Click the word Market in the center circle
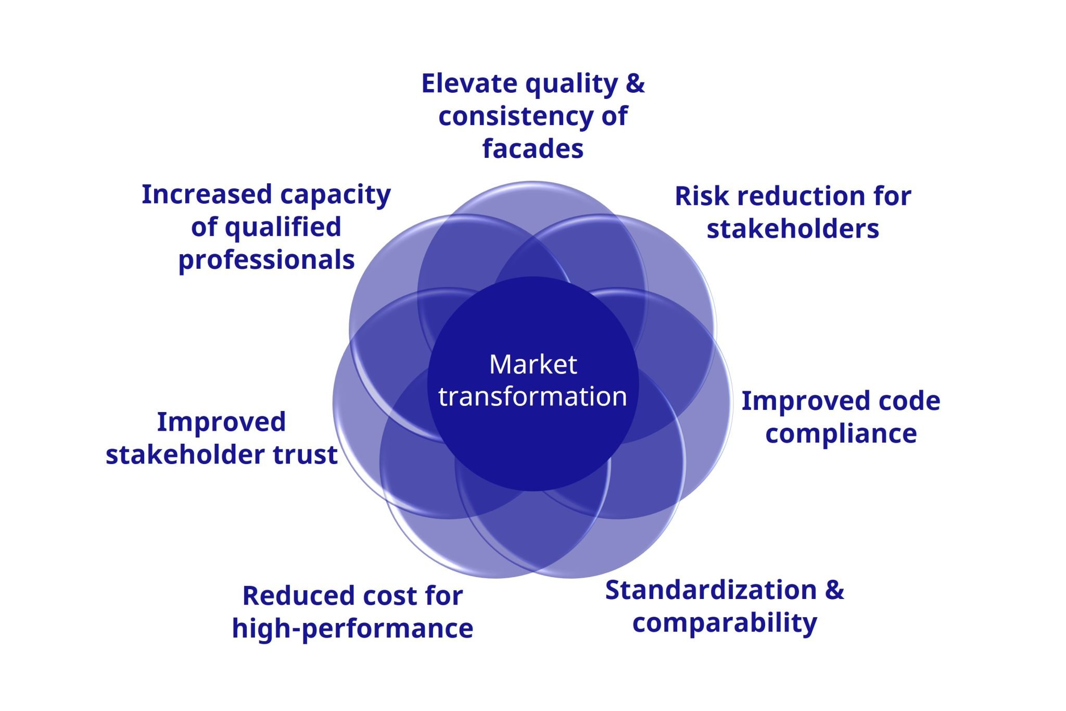(532, 364)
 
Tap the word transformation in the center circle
(532, 396)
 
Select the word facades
(532, 149)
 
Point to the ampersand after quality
(635, 83)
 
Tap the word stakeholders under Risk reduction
(792, 229)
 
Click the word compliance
(841, 434)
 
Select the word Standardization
(711, 590)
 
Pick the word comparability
(725, 623)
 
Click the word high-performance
(352, 628)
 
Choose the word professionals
(266, 260)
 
